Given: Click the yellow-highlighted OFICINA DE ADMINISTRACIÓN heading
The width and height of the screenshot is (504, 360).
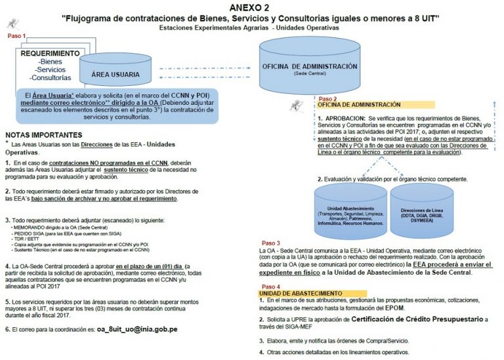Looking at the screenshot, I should [x=358, y=105].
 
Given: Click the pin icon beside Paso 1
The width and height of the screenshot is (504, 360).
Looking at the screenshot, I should [x=12, y=24].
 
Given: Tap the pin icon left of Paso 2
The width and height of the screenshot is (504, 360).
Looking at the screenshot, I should [x=296, y=105].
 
